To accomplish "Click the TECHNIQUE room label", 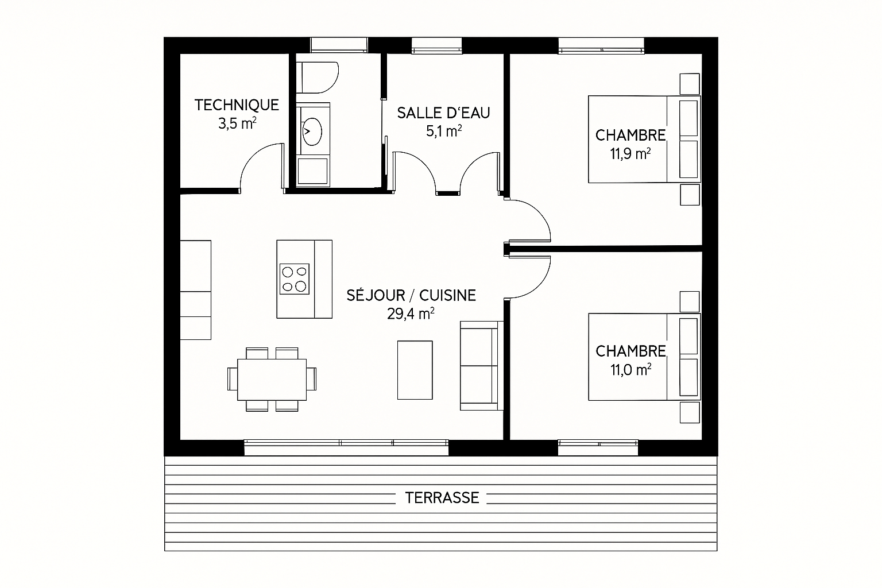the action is pos(237,105).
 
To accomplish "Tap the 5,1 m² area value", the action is pos(444,131).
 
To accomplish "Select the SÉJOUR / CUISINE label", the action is pos(411,295).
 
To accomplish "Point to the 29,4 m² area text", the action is pos(411,314).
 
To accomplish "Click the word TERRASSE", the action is pos(442,498).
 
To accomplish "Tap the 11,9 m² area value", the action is pos(630,153).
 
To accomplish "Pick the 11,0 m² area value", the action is pos(631,370).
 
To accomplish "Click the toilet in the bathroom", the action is pos(318,78).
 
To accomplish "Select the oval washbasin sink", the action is pos(312,131).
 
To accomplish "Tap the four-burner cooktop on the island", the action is pos(295,279).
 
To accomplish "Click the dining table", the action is pos(272,380).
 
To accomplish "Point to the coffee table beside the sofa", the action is pos(415,370).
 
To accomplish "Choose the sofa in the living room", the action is pos(482,366).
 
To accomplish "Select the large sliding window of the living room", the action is pos(346,448).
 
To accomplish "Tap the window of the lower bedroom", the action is pos(598,448).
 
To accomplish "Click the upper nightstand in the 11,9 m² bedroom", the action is pos(690,84).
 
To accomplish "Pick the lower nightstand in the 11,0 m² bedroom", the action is pos(690,412).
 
